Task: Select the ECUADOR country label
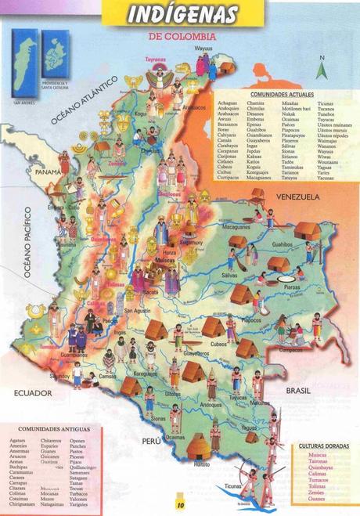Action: tap(32, 395)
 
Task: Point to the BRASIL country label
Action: tap(300, 389)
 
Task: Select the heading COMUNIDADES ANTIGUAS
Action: tap(54, 429)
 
